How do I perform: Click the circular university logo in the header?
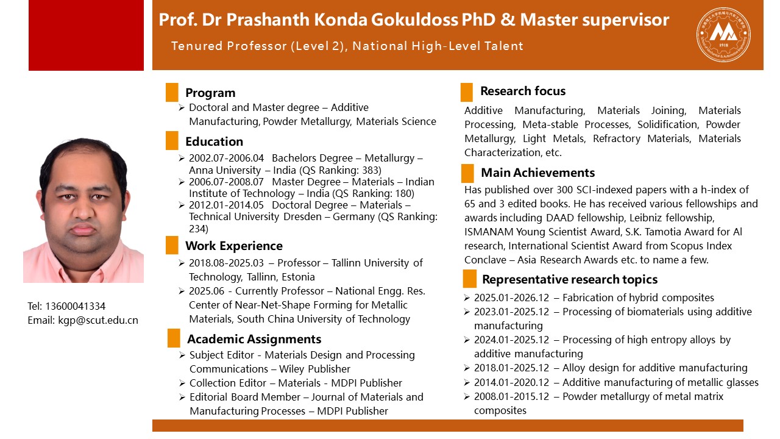[723, 35]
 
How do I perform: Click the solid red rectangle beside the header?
[86, 35]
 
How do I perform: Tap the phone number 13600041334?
[75, 306]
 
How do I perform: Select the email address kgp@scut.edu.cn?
[98, 320]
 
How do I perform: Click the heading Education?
[214, 141]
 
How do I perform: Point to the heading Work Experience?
[234, 246]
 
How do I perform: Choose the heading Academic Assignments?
[254, 339]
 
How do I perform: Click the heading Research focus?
[523, 91]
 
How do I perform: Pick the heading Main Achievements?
[538, 173]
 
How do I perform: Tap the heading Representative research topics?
[570, 279]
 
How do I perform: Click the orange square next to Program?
[172, 92]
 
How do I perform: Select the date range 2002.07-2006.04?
[226, 158]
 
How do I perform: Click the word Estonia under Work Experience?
[298, 277]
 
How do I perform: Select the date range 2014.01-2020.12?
[511, 382]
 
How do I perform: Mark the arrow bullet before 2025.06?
[182, 291]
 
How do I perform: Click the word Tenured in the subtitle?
[197, 46]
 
